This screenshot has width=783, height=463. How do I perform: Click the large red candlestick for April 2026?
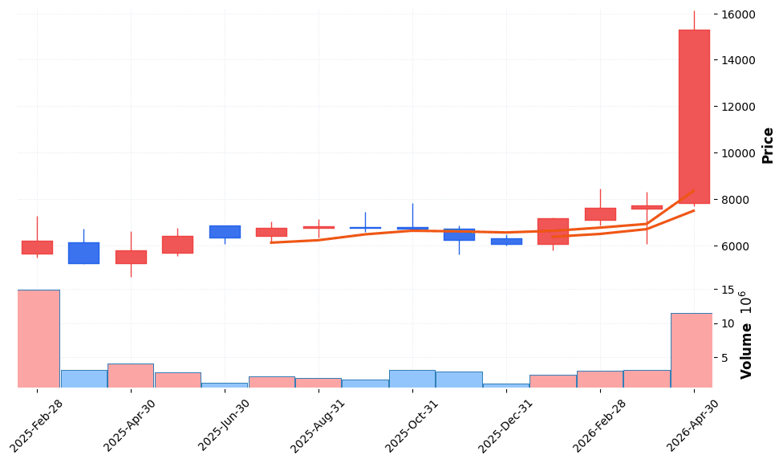coord(694,116)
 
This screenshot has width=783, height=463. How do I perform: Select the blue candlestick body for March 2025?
coord(83,253)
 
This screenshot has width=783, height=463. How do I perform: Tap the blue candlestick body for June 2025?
coord(225,232)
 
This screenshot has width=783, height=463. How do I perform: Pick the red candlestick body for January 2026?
coord(553,231)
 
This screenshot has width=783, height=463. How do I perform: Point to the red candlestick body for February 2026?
coord(600,214)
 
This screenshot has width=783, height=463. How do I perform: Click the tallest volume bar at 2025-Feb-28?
coord(37,339)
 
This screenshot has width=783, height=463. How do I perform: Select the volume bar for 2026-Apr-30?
coord(692,351)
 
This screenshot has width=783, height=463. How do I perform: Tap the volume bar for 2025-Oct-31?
coord(412,379)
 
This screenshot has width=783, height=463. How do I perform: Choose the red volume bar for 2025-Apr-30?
coord(131,376)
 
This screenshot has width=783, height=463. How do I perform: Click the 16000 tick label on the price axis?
coord(738,14)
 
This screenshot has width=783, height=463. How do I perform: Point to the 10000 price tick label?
coord(738,153)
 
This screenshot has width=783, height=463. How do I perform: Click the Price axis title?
coord(768,145)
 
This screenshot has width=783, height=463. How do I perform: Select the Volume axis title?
coord(747,351)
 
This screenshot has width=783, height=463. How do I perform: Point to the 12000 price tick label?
coord(738,107)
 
